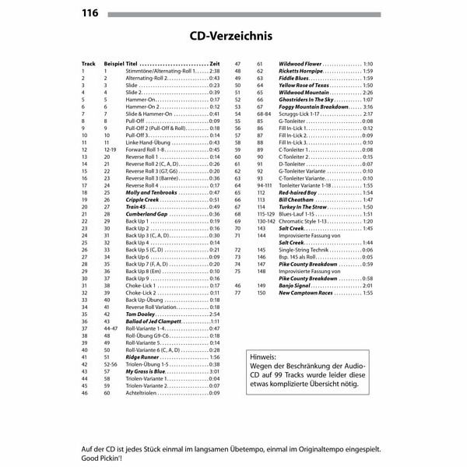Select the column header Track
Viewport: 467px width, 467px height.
[x=87, y=63]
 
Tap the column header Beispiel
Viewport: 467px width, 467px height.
[x=114, y=63]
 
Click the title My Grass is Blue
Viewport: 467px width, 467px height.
[x=146, y=372]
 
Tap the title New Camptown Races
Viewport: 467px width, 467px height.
[x=307, y=293]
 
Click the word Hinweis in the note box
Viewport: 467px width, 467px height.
[x=261, y=356]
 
